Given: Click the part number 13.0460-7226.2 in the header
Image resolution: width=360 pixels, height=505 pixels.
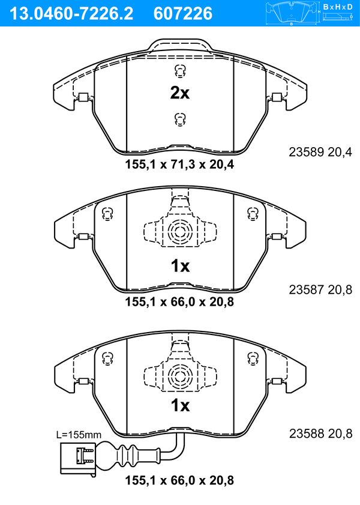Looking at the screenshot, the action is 71,13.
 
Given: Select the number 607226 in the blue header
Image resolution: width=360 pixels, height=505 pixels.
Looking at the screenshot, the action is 183,13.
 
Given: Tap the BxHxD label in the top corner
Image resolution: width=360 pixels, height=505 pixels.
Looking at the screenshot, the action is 338,7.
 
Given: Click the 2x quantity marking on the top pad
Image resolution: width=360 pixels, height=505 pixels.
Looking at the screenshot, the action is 180,92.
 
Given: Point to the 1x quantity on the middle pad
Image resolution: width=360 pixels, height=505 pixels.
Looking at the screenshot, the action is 180,266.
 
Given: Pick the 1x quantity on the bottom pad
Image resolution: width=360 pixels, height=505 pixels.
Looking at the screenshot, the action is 180,405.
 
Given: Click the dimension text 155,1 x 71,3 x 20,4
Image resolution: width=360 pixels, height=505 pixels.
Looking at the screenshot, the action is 179,165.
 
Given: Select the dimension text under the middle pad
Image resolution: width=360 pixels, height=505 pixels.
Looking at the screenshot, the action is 179,302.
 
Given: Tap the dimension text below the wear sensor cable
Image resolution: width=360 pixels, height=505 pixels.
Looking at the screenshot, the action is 179,480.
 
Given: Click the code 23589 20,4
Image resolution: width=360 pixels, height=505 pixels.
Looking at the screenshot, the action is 320,152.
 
